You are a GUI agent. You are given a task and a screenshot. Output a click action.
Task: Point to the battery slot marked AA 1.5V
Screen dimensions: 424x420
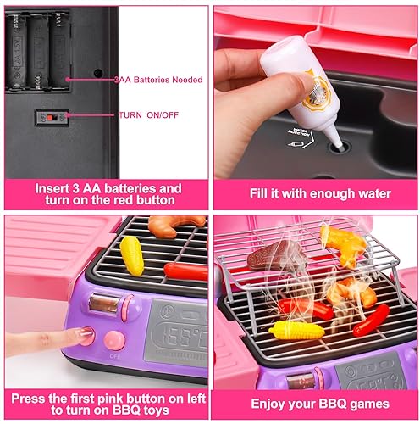[x=38, y=51]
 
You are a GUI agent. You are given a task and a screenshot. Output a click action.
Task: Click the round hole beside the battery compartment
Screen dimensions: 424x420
[x=98, y=73]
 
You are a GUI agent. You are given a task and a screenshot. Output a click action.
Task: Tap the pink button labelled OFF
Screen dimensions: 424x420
[x=114, y=341]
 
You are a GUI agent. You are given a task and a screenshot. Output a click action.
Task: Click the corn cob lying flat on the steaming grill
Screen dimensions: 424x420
[x=296, y=329]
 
